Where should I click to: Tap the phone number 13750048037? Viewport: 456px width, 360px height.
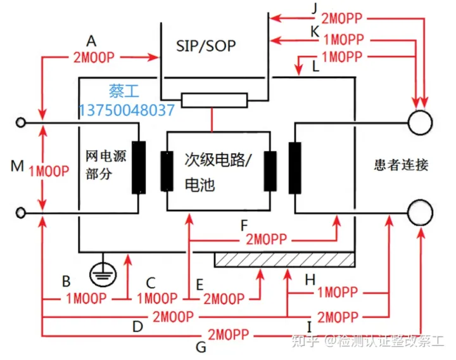click(127, 110)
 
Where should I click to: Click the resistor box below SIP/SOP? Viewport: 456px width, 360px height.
click(214, 100)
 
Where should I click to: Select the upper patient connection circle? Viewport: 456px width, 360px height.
click(420, 122)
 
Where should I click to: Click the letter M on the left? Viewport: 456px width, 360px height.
click(16, 166)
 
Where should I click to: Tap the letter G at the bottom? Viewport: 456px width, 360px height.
click(201, 347)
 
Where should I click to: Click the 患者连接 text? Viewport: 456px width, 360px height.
click(401, 166)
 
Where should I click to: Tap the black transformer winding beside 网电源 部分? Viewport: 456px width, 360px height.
click(139, 167)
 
